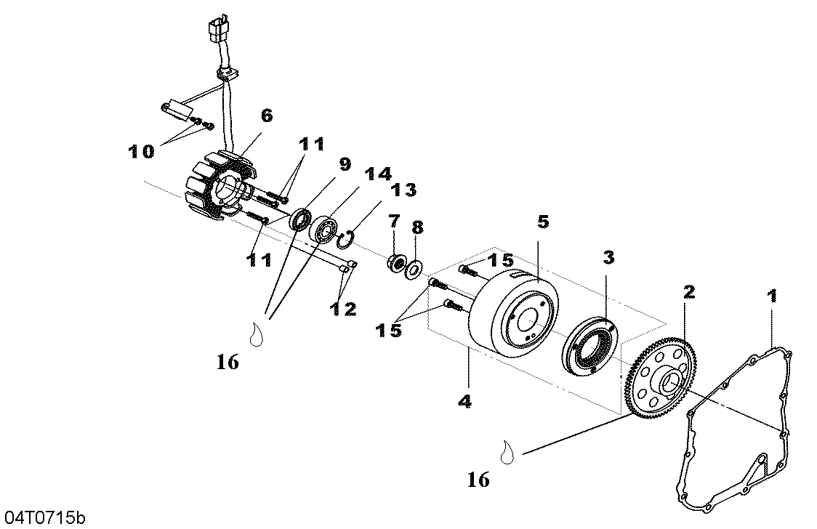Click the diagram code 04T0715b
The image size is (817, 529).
tap(44, 517)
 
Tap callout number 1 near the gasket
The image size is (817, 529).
tap(772, 296)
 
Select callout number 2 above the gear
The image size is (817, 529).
tap(689, 292)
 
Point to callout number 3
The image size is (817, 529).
tap(608, 257)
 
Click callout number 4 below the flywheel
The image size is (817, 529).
tap(465, 401)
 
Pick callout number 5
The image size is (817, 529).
tap(543, 222)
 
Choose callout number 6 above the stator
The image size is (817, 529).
tap(266, 115)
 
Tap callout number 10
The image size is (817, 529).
tap(141, 152)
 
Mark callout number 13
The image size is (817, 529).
tap(404, 190)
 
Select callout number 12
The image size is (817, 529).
tap(342, 309)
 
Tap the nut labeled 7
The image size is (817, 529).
tap(398, 262)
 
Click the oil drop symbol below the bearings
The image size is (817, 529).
tap(256, 334)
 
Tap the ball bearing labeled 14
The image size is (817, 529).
tap(325, 229)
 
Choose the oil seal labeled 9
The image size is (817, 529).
tap(301, 219)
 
